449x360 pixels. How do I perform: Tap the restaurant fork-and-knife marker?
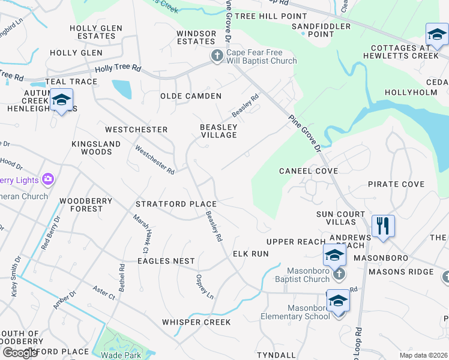click(x=382, y=226)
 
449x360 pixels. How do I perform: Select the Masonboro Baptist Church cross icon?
click(x=339, y=274)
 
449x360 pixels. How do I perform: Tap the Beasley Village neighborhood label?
click(x=218, y=131)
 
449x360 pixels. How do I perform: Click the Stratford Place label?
click(x=176, y=204)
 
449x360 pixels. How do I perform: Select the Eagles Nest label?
click(x=166, y=261)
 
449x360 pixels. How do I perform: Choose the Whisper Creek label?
click(x=196, y=322)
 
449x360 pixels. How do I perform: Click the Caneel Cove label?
click(x=309, y=171)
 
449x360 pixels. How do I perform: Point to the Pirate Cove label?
click(x=396, y=184)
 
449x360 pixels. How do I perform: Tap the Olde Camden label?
click(x=191, y=96)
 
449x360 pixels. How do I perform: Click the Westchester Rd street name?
click(x=155, y=160)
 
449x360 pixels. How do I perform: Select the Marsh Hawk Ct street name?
click(x=140, y=233)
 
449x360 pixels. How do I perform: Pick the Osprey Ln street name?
click(x=205, y=287)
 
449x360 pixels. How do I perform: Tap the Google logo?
click(x=20, y=353)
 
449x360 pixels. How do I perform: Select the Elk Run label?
click(x=251, y=254)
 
